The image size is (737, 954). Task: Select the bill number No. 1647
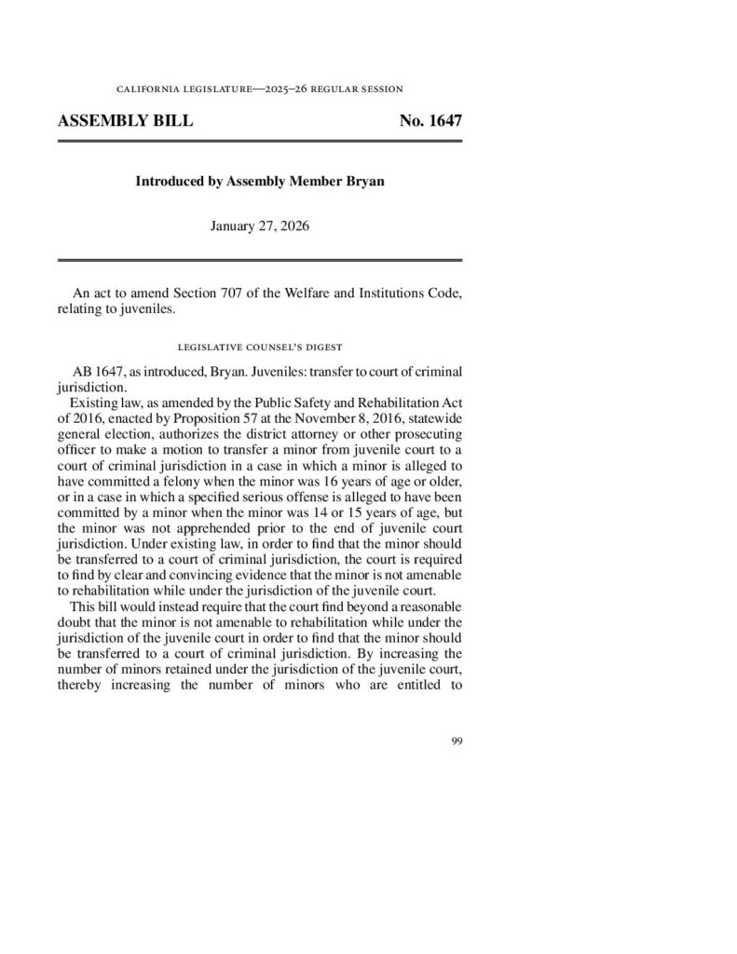tap(430, 121)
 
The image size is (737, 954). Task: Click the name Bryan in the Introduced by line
tap(363, 182)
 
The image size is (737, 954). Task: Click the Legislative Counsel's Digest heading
tap(259, 347)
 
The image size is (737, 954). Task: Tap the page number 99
tap(456, 741)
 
